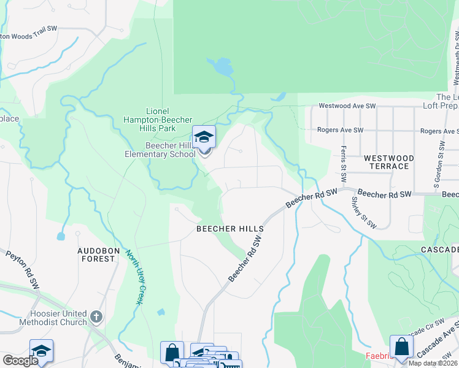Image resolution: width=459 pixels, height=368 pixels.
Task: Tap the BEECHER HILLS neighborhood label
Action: (x=229, y=229)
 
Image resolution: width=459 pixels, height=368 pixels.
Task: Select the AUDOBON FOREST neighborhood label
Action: (x=96, y=255)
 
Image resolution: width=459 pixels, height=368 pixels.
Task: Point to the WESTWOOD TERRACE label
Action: (x=388, y=162)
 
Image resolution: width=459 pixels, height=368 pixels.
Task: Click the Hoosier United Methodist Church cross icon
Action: (x=96, y=317)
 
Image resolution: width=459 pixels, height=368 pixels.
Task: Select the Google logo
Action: (x=20, y=361)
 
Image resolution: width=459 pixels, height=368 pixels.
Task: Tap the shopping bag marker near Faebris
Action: (x=401, y=347)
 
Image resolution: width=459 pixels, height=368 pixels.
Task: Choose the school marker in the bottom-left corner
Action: (x=41, y=351)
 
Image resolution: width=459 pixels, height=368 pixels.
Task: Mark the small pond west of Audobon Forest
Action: (x=61, y=236)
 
